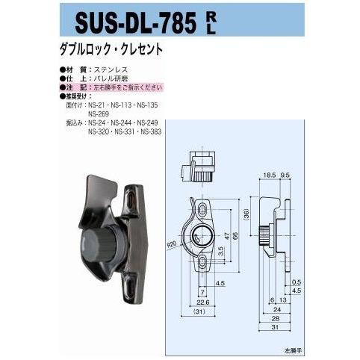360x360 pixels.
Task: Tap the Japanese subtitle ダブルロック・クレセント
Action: (111, 55)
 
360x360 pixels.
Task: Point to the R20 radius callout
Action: (173, 243)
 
